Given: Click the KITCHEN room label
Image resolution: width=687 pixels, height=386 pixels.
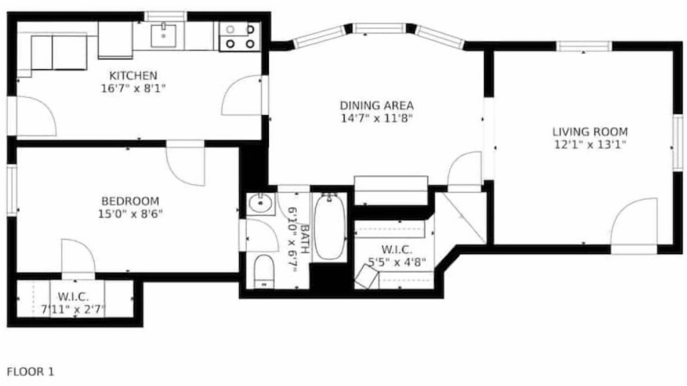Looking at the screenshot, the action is click(134, 76).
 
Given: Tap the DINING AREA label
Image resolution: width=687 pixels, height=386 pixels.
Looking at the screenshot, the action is click(377, 106).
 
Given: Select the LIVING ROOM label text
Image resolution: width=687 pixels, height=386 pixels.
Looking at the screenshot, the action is click(590, 132).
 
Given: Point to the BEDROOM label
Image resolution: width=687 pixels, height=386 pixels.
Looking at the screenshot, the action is click(130, 201).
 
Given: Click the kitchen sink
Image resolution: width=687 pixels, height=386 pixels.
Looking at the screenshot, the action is click(164, 35).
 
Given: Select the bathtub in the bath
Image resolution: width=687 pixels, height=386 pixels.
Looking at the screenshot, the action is click(330, 227).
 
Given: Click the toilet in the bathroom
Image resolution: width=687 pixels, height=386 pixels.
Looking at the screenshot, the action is click(264, 271).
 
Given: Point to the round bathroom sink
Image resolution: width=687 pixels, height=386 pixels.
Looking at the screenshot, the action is click(260, 204).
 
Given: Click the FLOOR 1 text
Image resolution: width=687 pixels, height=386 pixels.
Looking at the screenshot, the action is click(31, 372).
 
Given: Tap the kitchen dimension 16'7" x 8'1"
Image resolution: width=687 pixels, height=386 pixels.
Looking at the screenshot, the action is click(134, 88).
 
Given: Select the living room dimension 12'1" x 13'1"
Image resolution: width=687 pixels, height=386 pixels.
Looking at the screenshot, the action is click(590, 145).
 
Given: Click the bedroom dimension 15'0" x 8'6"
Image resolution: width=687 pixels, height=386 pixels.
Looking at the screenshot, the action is click(130, 214).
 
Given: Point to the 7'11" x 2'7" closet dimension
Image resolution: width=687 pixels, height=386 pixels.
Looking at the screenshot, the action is click(74, 309).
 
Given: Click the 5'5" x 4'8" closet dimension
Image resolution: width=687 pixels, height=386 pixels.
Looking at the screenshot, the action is click(397, 262).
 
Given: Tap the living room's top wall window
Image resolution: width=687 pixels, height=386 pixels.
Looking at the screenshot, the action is click(583, 46).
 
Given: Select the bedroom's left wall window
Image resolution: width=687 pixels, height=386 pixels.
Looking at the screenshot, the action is click(12, 190).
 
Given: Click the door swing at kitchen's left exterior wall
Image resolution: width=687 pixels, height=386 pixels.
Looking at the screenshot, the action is click(36, 116).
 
